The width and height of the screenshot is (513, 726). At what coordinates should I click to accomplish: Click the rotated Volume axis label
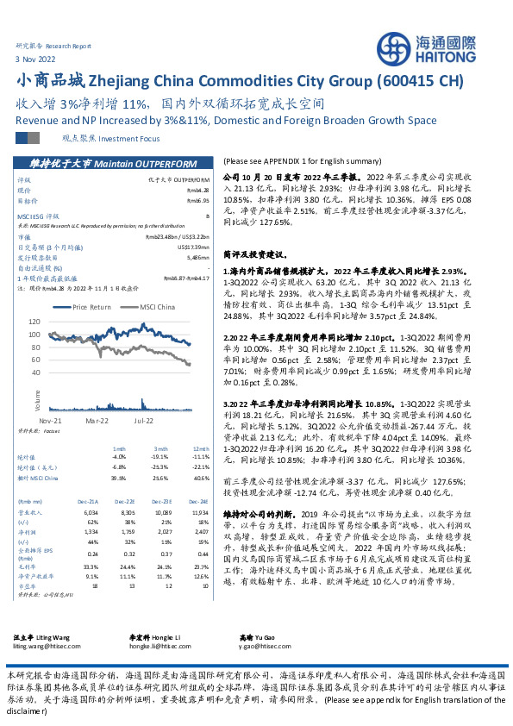click(x=39, y=398)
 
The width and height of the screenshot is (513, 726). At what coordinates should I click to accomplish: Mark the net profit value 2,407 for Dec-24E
click(x=200, y=532)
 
